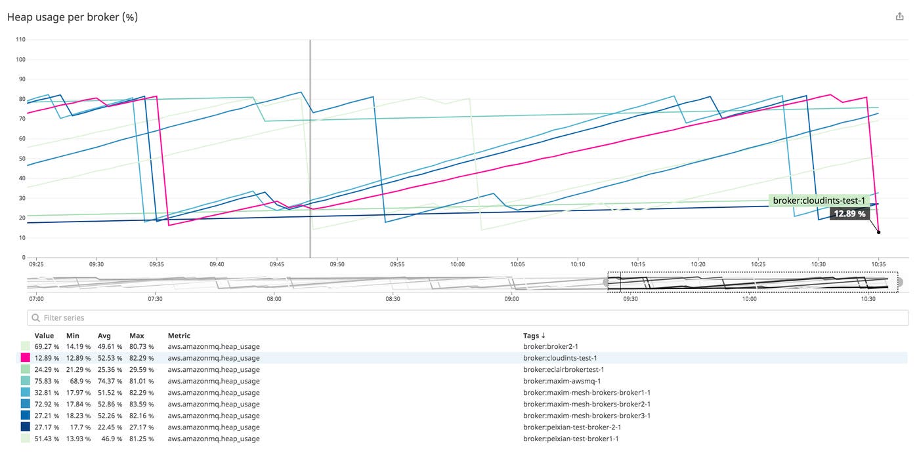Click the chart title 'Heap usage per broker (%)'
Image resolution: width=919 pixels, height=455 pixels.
[x=72, y=18]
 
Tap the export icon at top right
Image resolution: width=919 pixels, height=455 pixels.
[x=899, y=17]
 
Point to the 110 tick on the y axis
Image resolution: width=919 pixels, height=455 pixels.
[x=20, y=40]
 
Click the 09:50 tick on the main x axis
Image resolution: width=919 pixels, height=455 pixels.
[x=337, y=264]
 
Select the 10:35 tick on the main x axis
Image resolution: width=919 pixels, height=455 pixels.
[x=878, y=264]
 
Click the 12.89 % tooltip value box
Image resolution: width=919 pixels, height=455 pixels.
[x=849, y=214]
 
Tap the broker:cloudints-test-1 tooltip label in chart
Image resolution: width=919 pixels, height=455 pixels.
[x=819, y=201]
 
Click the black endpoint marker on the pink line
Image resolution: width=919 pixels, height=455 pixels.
[x=878, y=232]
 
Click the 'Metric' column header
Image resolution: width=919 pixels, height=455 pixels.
[x=179, y=336]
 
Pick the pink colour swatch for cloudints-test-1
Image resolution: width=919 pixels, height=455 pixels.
[x=26, y=358]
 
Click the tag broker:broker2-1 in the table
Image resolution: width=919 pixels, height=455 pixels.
[x=551, y=346]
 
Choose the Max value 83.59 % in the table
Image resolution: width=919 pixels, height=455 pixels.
[x=141, y=404]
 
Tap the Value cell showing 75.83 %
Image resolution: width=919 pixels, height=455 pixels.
[x=47, y=381]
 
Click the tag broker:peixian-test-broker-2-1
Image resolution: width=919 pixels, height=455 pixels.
[x=572, y=427]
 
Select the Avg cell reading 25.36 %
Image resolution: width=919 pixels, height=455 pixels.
[x=110, y=369]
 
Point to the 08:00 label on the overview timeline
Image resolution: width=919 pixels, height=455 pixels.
[x=274, y=298]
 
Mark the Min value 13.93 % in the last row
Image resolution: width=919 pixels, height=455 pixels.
[x=78, y=439]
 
